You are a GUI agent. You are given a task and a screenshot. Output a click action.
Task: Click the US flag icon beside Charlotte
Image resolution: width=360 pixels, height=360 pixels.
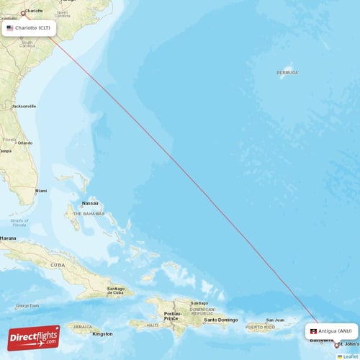click(x=10, y=28)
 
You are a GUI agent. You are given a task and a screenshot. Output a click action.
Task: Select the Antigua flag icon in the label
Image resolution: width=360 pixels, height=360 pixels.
click(x=313, y=331)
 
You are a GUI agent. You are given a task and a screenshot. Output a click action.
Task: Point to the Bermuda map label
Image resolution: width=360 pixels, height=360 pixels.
click(x=287, y=73)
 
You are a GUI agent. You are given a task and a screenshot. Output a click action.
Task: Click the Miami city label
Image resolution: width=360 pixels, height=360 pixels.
click(x=41, y=191)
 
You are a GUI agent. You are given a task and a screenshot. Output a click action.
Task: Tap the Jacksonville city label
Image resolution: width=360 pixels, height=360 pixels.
click(x=23, y=106)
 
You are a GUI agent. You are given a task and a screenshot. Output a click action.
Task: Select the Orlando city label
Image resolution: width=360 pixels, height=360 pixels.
click(x=25, y=143)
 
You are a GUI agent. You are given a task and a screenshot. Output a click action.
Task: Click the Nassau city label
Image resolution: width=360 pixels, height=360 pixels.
click(x=90, y=204)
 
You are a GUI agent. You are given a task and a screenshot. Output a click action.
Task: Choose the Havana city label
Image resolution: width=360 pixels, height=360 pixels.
click(x=8, y=238)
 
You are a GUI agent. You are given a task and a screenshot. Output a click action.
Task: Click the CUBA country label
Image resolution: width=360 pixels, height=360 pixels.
click(x=57, y=264)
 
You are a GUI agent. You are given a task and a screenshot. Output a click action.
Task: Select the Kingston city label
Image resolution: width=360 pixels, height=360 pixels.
click(x=102, y=333)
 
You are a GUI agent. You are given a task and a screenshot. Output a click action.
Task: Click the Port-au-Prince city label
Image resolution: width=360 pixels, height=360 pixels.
click(x=174, y=316)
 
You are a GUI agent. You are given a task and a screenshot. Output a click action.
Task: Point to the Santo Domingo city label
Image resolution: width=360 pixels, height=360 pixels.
click(x=220, y=319)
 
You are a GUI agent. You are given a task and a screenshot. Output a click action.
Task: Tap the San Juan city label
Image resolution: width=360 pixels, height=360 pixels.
click(x=275, y=320)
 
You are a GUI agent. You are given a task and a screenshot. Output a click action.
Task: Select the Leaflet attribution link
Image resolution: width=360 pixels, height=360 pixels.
click(x=350, y=356)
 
